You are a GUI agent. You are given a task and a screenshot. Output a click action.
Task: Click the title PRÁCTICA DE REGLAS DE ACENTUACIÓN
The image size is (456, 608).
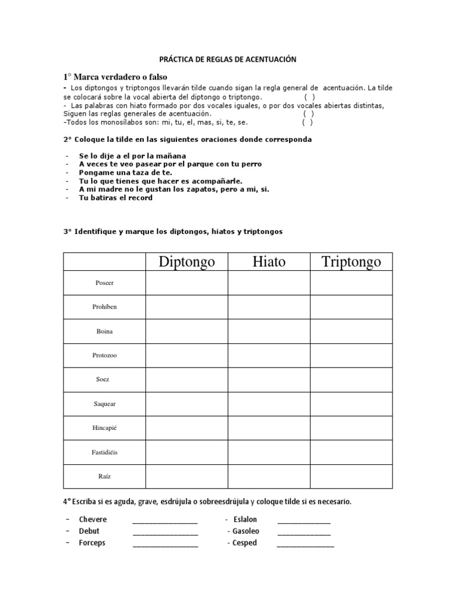point(228,59)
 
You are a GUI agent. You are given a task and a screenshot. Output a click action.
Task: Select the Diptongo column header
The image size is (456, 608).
point(186,261)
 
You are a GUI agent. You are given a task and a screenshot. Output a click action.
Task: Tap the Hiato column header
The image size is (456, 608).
point(268,261)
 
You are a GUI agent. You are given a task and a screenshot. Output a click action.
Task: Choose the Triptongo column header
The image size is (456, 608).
point(351,261)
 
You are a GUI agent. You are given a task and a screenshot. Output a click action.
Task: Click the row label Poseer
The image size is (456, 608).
point(104,283)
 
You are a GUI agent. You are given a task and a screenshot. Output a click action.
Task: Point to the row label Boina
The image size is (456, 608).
point(104,331)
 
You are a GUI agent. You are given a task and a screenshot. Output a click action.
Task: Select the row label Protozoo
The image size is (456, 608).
point(104,356)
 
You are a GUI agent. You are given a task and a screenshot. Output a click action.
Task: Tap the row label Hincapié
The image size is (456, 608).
point(104,428)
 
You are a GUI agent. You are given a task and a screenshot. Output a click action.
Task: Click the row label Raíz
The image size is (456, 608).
point(104,476)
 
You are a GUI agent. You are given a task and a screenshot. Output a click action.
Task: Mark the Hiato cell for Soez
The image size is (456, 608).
point(268,379)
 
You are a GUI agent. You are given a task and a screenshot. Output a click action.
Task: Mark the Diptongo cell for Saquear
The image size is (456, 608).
point(186,404)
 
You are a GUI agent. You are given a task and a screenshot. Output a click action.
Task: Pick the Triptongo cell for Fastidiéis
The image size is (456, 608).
point(351,452)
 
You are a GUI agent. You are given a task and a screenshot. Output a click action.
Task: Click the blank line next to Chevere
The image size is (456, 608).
point(165,521)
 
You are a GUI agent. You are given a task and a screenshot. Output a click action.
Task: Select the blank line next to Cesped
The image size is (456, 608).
point(305,544)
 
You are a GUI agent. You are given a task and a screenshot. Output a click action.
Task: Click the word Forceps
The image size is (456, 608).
point(92,543)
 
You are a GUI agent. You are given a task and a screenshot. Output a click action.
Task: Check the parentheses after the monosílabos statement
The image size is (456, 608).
point(308,123)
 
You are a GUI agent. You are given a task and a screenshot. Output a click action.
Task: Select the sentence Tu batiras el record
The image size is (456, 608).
point(116,198)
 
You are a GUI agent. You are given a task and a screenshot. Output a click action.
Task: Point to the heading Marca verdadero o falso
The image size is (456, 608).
point(115,77)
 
